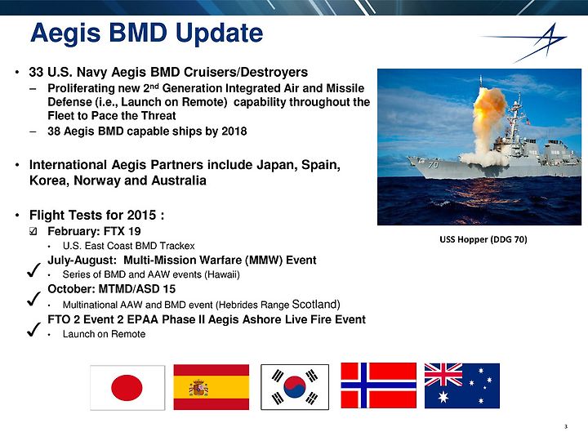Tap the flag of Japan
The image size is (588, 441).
click(127, 387)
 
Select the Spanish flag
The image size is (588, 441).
click(212, 387)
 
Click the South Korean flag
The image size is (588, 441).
click(295, 387)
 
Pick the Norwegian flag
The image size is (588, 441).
click(378, 385)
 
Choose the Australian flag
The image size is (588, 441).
click(462, 385)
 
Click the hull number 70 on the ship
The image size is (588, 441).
click(433, 164)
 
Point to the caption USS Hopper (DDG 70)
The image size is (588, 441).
click(483, 239)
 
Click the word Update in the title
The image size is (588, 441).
click(219, 33)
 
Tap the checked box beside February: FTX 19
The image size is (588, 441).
click(33, 231)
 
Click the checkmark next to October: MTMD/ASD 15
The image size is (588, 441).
click(33, 299)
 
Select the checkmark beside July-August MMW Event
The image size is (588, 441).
click(33, 269)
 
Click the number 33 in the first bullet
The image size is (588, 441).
click(36, 72)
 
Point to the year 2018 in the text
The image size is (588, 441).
click(234, 131)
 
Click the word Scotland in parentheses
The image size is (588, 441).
click(314, 304)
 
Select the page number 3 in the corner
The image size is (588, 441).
click(566, 426)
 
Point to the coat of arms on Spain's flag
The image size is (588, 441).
click(198, 388)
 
